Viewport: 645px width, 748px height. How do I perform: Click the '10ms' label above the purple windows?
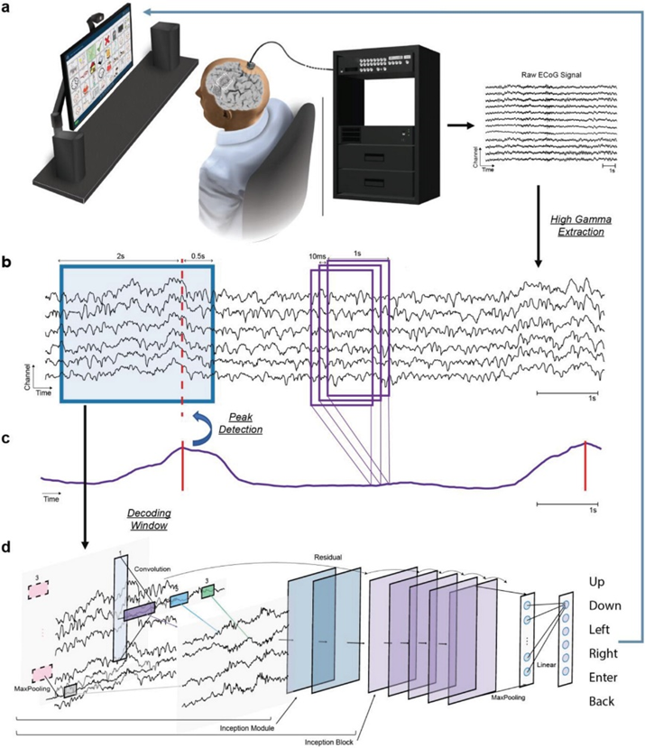coord(318,258)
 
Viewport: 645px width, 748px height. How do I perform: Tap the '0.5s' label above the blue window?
coord(198,258)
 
